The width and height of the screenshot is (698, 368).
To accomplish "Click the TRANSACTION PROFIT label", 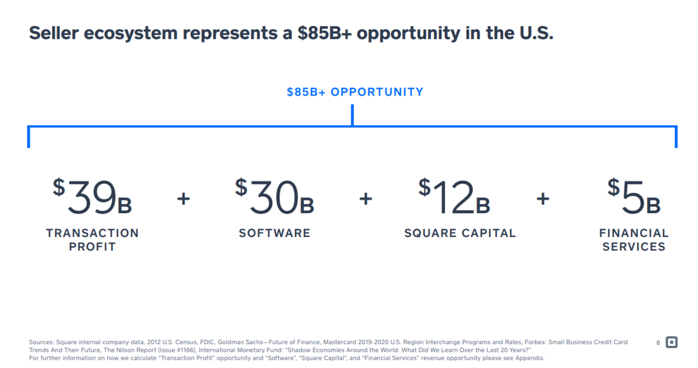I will coord(92,240).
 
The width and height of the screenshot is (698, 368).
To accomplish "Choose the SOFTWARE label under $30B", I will coord(275,233).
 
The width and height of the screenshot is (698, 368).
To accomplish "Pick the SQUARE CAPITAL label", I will coord(460,233).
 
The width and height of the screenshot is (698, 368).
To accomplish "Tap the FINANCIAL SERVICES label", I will coord(634,240).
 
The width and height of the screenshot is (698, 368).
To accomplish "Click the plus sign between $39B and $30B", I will coord(184,199).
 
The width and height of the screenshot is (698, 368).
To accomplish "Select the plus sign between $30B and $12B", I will coord(366,199).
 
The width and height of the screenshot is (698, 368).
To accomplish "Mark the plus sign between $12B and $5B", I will coord(543,199).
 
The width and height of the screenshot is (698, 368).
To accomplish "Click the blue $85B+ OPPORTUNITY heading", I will coord(355,92).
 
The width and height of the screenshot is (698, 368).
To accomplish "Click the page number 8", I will coord(658,342).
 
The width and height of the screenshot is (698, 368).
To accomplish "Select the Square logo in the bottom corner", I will coord(671,342).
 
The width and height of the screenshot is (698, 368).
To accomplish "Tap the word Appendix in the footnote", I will coord(528,358).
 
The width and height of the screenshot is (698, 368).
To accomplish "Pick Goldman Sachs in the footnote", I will coord(238,342).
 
